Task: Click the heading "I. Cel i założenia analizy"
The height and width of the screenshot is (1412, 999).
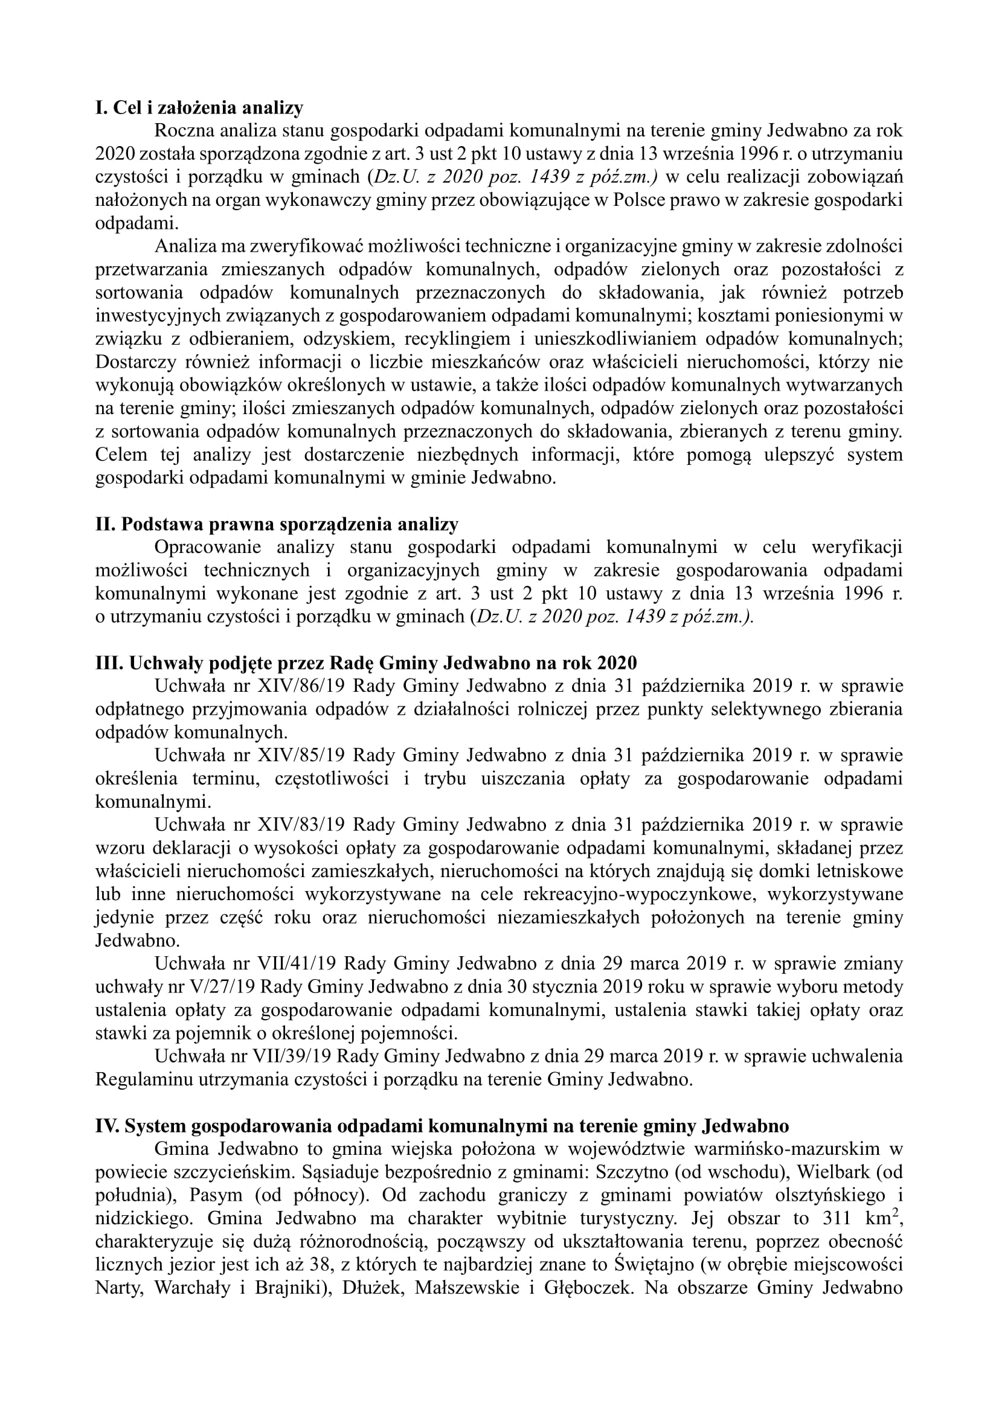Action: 199,108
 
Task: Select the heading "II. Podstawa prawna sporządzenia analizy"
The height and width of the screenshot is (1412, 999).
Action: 277,524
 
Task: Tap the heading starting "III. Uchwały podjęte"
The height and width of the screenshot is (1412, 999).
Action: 366,663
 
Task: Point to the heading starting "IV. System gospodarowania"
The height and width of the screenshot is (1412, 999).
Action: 442,1125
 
